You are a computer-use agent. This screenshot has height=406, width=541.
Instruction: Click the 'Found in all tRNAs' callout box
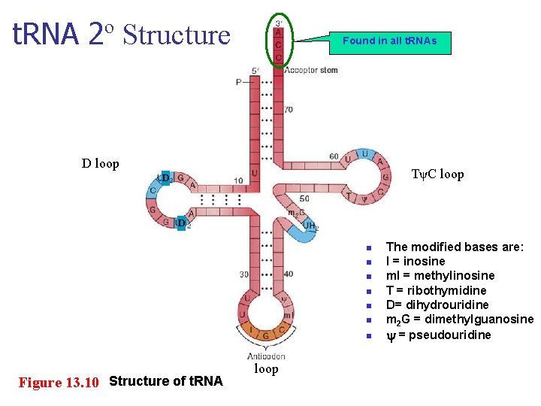(x=390, y=41)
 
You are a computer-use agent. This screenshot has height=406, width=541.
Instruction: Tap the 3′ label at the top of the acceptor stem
(x=279, y=23)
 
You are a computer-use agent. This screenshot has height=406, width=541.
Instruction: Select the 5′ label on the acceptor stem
(x=256, y=71)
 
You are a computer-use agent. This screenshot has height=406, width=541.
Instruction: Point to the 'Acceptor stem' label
(x=311, y=70)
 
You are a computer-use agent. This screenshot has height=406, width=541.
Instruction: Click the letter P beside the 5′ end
(x=238, y=81)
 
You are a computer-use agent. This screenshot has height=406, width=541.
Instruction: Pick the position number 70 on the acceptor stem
(x=288, y=110)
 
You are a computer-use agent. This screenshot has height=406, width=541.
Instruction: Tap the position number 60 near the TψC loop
(x=334, y=156)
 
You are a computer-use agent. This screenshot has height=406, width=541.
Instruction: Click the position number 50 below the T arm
(x=304, y=198)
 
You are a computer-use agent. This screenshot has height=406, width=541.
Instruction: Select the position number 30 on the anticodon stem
(x=244, y=274)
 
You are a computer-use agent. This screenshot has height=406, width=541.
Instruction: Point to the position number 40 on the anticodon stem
(x=289, y=274)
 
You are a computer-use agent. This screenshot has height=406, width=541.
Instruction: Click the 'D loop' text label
(x=101, y=163)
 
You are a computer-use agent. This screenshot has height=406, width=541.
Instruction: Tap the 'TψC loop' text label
(x=437, y=174)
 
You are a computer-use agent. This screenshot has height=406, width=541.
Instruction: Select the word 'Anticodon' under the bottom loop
(x=266, y=356)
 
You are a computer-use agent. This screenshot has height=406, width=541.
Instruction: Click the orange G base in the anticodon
(x=265, y=335)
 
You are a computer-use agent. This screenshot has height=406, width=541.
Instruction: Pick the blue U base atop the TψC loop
(x=364, y=154)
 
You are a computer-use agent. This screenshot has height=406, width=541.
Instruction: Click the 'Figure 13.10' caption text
(x=59, y=382)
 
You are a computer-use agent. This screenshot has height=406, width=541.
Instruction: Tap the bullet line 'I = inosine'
(x=416, y=261)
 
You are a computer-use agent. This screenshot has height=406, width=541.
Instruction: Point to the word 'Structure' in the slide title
(x=177, y=35)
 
